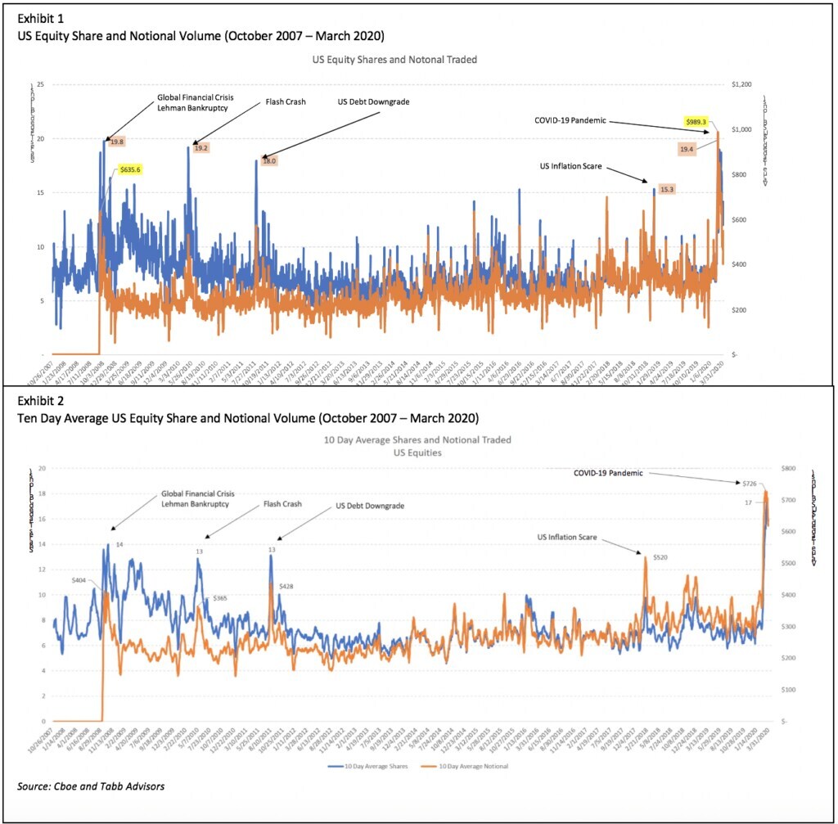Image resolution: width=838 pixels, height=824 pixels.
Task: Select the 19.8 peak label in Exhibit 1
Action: pos(117,142)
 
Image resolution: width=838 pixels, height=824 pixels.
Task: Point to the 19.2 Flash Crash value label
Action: pos(201,148)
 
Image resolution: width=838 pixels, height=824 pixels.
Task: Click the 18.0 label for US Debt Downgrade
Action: pos(269,161)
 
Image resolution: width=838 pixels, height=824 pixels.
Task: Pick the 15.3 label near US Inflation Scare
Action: pos(666,189)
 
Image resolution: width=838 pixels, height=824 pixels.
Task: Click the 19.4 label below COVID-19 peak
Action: pos(687,149)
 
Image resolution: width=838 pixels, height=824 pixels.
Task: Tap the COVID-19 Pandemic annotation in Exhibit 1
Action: pos(570,120)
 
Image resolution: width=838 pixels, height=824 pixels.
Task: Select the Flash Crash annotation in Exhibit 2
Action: pos(283,504)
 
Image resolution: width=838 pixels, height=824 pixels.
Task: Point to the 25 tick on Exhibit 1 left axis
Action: pos(39,85)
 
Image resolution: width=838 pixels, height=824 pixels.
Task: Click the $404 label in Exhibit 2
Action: pos(79,579)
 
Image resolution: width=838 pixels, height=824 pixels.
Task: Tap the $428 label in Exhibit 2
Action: pos(286,587)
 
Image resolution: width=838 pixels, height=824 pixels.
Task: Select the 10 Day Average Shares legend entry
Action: pos(358,766)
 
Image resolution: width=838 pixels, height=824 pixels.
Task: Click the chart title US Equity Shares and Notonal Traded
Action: pos(394,60)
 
